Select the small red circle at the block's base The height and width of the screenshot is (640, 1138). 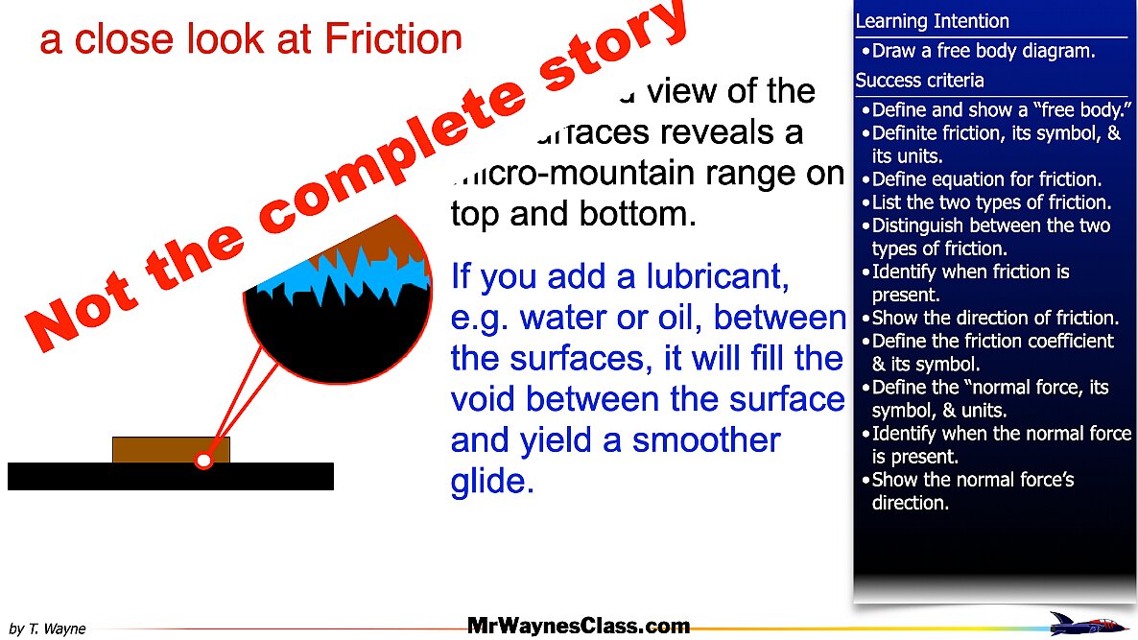[x=203, y=462]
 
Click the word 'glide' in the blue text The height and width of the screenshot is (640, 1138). [x=491, y=482]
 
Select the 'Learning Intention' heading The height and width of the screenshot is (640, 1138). [x=932, y=21]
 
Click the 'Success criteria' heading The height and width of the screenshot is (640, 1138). [x=919, y=81]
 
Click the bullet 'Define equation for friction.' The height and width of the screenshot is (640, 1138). [x=985, y=179]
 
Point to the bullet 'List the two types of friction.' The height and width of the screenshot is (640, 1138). [x=990, y=202]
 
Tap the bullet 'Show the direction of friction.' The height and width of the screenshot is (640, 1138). [x=994, y=318]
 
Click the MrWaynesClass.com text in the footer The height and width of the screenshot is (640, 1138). [x=579, y=627]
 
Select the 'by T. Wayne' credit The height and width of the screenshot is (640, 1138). [x=47, y=629]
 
